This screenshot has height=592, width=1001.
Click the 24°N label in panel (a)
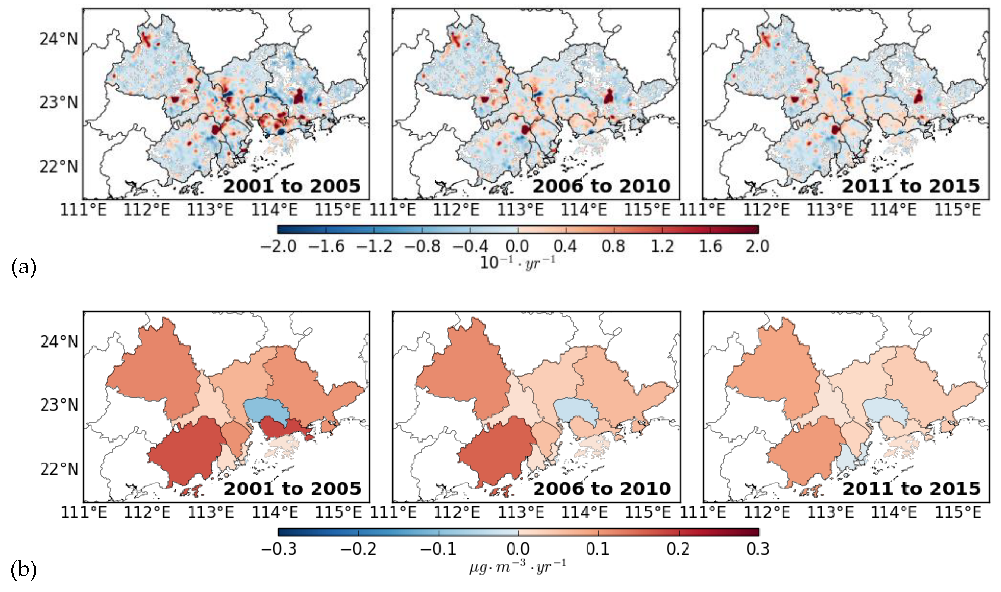[59, 39]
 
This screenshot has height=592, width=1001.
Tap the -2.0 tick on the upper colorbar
[278, 246]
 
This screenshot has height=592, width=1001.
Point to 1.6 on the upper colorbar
[710, 246]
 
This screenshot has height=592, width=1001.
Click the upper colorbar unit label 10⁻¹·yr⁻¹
[517, 262]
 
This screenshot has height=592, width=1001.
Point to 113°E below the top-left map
[210, 210]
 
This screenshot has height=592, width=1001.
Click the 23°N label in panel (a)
[59, 103]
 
